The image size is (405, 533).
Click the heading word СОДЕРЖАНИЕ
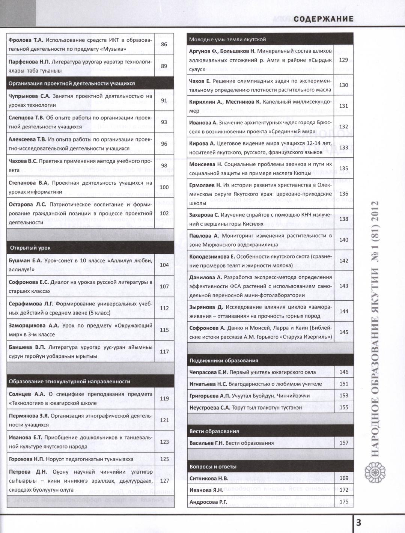pos(323,19)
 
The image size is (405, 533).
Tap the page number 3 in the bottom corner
pos(358,523)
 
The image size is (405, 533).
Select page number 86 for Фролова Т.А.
pos(164,44)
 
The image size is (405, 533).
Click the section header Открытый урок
pos(30,248)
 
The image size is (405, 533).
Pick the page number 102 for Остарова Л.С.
pos(164,213)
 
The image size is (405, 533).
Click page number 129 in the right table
pos(343,60)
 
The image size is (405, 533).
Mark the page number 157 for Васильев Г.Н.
pos(343,443)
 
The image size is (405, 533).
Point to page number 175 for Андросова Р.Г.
pos(343,501)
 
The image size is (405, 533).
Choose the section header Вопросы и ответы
pos(213,467)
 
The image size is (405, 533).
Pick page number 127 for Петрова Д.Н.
pos(164,480)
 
